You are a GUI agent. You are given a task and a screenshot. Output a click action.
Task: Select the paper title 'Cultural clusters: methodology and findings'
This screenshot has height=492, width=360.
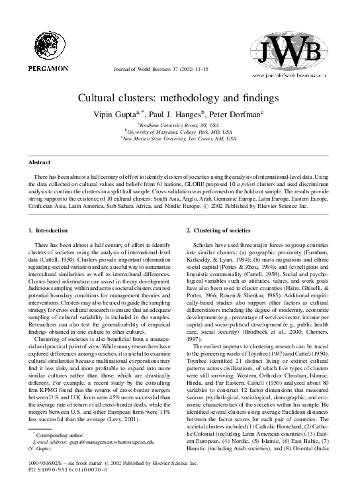click(x=179, y=99)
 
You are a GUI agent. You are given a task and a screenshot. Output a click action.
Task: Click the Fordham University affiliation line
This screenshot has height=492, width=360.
click(x=180, y=124)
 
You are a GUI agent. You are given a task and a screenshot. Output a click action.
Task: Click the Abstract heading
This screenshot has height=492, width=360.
click(x=41, y=162)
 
